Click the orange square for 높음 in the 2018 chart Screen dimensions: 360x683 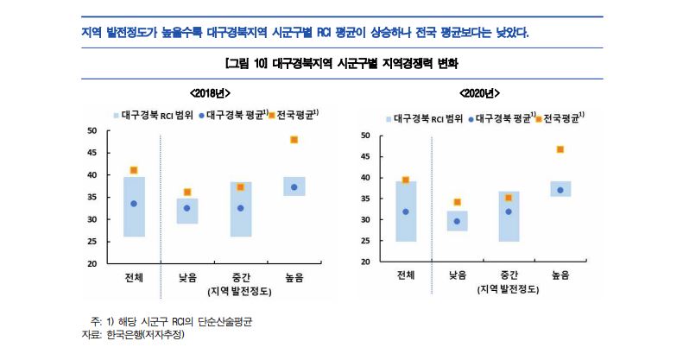click(294, 139)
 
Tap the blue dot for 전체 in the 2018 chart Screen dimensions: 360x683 click(133, 204)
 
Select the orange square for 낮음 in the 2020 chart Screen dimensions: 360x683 click(458, 202)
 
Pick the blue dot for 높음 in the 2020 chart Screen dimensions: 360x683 click(560, 190)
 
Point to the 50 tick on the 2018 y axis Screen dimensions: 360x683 click(92, 130)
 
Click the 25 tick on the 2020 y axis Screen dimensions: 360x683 click(365, 241)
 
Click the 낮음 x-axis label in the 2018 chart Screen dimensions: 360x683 click(187, 277)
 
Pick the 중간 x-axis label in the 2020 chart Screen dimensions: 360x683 click(509, 275)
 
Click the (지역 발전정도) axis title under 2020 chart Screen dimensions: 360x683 click(509, 290)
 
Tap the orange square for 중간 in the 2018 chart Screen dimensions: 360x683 click(240, 186)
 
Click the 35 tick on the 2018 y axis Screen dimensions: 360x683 click(92, 197)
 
